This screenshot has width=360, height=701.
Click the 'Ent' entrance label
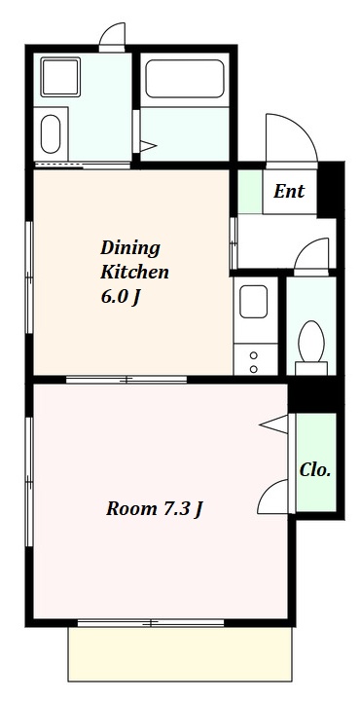[289, 192]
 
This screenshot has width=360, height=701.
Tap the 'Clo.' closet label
[315, 470]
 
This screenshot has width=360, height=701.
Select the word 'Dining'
[130, 248]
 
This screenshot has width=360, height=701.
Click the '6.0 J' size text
[121, 297]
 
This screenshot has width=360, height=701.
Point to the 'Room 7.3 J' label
[155, 509]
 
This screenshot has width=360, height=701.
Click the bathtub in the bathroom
[185, 79]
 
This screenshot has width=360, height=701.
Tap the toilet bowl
[311, 342]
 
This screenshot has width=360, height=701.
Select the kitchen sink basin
[253, 301]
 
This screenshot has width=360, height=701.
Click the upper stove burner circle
[254, 355]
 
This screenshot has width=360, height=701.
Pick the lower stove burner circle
[254, 369]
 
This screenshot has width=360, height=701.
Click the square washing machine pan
[60, 77]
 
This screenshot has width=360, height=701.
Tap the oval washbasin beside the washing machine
[51, 134]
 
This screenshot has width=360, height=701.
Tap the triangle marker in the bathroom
[148, 146]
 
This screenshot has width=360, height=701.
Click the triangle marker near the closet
[273, 424]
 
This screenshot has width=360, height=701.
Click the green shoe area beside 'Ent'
[250, 192]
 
